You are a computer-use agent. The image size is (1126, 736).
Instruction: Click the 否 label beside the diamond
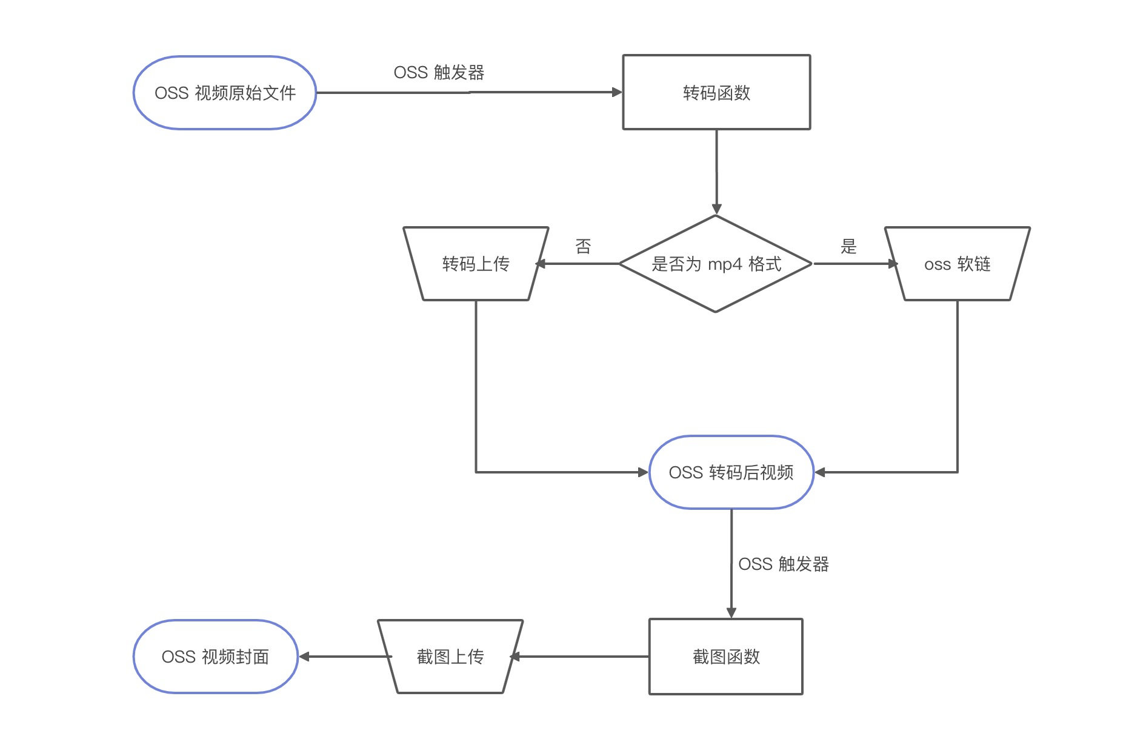pyautogui.click(x=583, y=246)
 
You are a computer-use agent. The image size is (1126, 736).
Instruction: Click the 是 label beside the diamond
pyautogui.click(x=848, y=246)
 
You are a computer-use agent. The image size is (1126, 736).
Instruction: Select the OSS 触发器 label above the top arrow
pyautogui.click(x=439, y=73)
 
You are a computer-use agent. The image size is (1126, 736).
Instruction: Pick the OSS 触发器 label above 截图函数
pyautogui.click(x=784, y=564)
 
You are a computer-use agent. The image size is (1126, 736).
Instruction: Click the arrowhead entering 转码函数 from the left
pyautogui.click(x=618, y=92)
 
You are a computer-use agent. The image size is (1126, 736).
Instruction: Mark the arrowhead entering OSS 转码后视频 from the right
pyautogui.click(x=820, y=472)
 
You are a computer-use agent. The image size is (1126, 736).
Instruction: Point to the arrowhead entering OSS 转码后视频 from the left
pyautogui.click(x=643, y=472)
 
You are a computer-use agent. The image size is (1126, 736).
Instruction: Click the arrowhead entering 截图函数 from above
pyautogui.click(x=731, y=613)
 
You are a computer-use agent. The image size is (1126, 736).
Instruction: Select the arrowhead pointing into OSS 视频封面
pyautogui.click(x=304, y=657)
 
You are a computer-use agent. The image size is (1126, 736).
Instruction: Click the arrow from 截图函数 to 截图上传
pyautogui.click(x=579, y=657)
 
